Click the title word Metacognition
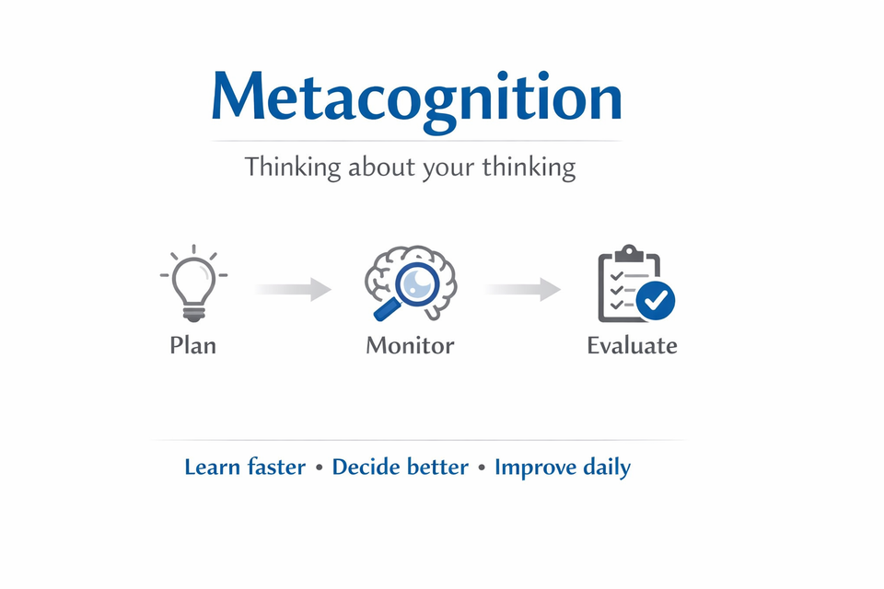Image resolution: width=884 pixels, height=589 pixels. tap(416, 97)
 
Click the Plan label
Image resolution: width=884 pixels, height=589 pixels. tap(193, 345)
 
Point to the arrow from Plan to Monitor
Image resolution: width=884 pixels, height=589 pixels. tap(293, 289)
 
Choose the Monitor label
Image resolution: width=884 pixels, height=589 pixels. tap(410, 345)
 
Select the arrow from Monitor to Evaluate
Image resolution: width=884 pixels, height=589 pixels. tap(523, 289)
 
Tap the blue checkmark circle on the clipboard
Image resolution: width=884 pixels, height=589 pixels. tap(657, 300)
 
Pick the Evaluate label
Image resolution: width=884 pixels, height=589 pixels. tap(633, 345)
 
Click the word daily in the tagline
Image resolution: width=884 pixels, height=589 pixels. tap(607, 468)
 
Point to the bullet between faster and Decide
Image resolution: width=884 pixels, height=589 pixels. tap(319, 468)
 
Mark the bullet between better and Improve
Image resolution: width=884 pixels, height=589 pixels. tap(481, 468)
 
